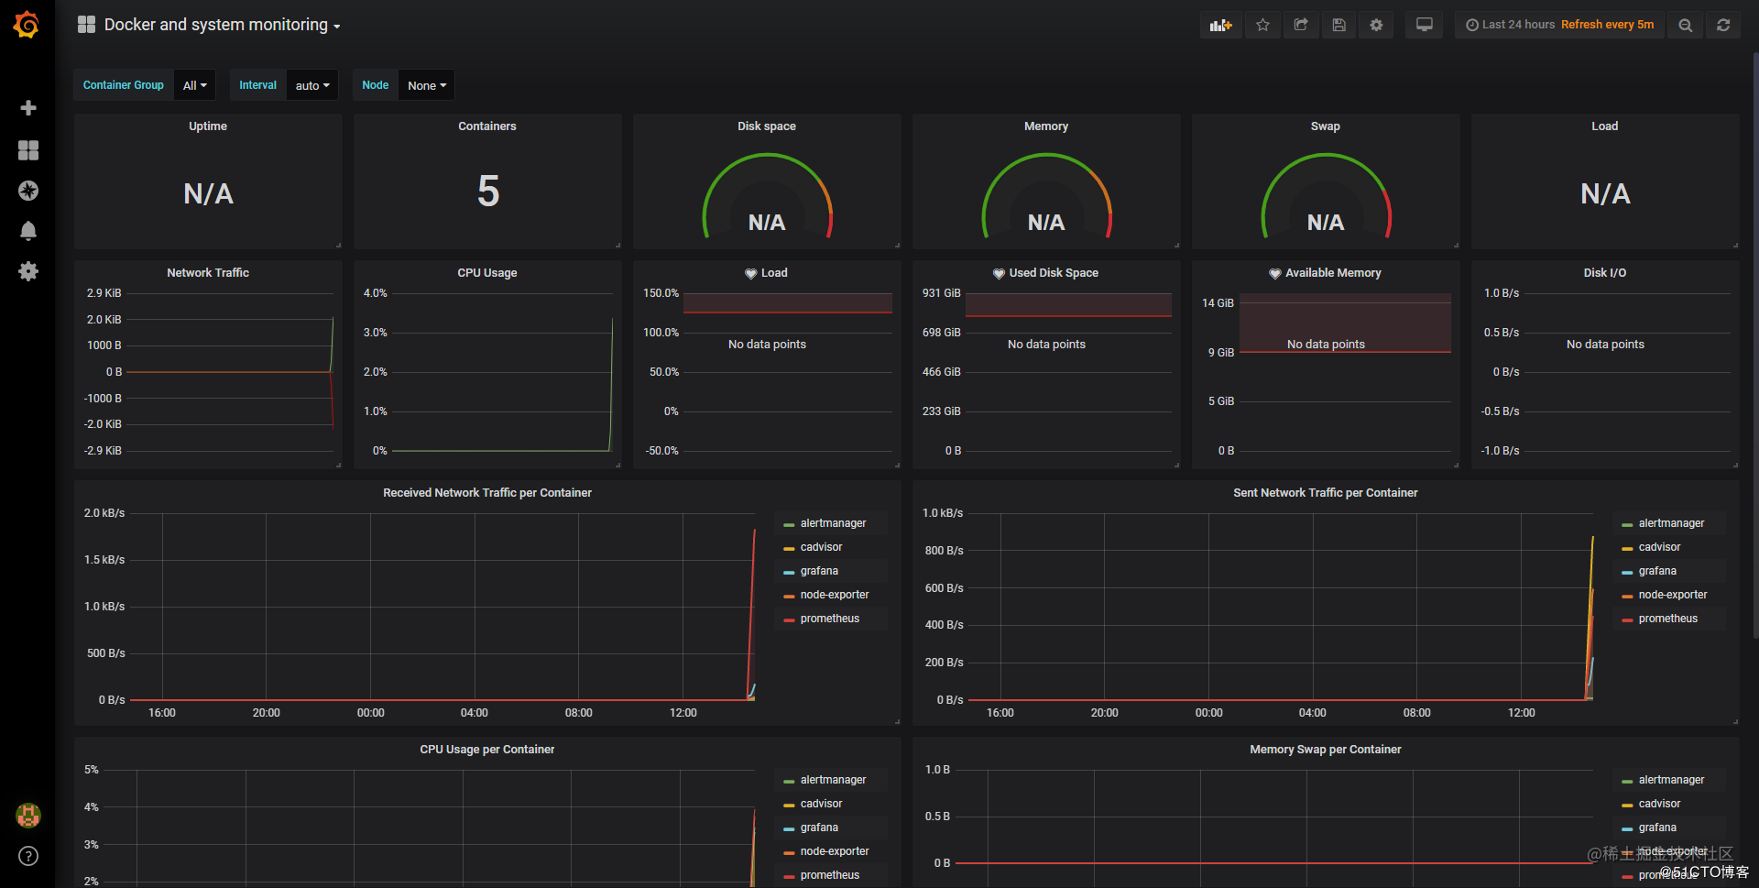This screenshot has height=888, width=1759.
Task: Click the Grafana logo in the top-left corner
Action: [x=27, y=25]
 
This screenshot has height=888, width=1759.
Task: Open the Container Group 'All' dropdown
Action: [x=194, y=85]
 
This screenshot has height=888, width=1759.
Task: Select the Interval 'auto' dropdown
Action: [x=312, y=85]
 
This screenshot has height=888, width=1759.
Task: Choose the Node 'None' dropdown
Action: [x=427, y=85]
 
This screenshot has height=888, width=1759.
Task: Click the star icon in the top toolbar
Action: [x=1262, y=25]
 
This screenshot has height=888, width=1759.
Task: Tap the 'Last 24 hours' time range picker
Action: [x=1518, y=25]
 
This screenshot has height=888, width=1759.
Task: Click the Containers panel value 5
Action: [x=488, y=192]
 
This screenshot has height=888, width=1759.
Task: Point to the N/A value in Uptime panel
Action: [x=208, y=193]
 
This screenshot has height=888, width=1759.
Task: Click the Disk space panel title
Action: [x=766, y=126]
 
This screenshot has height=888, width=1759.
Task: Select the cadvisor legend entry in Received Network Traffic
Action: [x=821, y=547]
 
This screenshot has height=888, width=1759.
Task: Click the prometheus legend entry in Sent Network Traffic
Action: [x=1667, y=619]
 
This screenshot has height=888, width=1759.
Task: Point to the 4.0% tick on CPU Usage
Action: [x=376, y=293]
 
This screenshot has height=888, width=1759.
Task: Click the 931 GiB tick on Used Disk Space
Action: [x=941, y=293]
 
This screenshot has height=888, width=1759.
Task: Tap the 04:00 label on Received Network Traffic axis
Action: [x=475, y=713]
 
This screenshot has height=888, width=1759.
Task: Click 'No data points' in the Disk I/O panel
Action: [x=1605, y=345]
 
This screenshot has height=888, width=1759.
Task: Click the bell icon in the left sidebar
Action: [x=28, y=231]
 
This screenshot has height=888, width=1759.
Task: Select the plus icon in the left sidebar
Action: [x=28, y=108]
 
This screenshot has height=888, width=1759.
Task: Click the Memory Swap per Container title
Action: [x=1325, y=750]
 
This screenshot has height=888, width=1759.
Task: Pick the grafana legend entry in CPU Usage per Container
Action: [x=819, y=828]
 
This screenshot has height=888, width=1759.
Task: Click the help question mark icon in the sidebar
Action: [x=28, y=856]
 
